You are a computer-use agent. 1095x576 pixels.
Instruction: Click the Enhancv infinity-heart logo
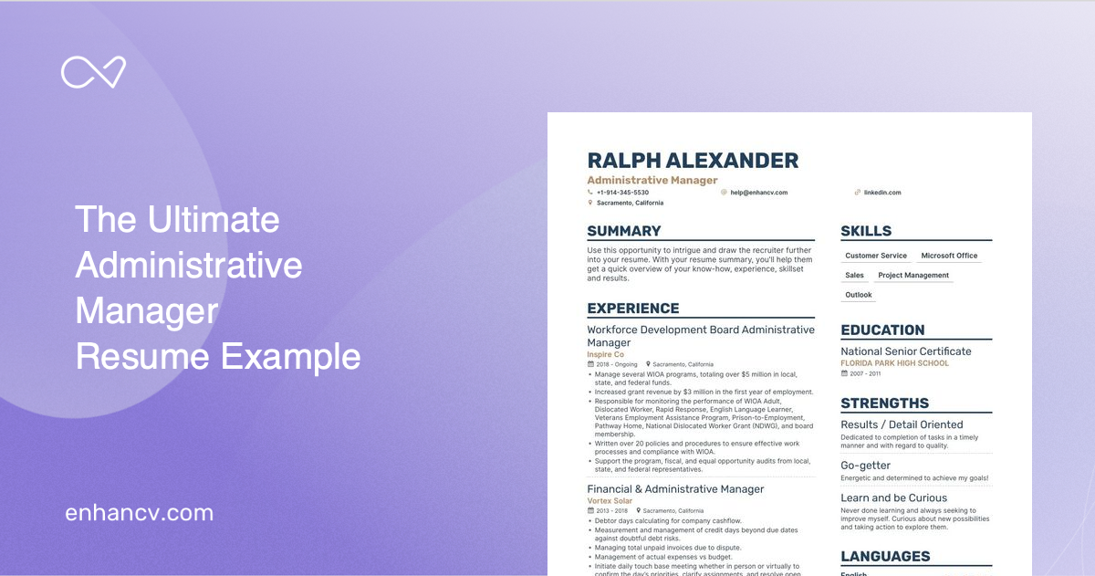click(x=93, y=72)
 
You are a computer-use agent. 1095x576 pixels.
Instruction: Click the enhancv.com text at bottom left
click(x=139, y=513)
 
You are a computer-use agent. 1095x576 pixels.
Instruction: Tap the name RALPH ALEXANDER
click(x=693, y=162)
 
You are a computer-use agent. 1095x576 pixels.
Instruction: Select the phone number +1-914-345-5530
click(x=622, y=193)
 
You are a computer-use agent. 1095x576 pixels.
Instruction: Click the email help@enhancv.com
click(x=758, y=193)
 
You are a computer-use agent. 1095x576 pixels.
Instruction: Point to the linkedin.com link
click(x=881, y=193)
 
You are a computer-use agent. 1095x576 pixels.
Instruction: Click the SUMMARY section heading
click(x=624, y=231)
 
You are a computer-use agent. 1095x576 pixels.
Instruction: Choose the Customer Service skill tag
click(x=876, y=256)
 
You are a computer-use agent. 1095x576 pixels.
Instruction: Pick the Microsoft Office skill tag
click(x=949, y=256)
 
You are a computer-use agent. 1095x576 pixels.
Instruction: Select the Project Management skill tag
click(x=913, y=275)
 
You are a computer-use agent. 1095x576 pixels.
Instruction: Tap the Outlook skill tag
click(x=859, y=295)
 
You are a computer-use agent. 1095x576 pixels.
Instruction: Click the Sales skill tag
click(x=854, y=275)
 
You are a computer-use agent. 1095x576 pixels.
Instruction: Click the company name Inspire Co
click(x=606, y=354)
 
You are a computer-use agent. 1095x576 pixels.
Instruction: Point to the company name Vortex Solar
click(x=609, y=501)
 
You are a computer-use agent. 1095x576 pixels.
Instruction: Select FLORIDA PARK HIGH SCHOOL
click(x=894, y=363)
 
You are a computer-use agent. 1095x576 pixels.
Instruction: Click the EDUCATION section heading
click(x=882, y=330)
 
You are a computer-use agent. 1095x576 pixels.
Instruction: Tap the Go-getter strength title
click(x=865, y=466)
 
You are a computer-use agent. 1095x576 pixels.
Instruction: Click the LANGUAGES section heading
click(x=885, y=556)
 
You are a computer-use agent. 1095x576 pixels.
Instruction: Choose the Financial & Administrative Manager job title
click(x=675, y=489)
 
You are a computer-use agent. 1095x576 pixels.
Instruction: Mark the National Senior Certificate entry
click(x=906, y=351)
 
